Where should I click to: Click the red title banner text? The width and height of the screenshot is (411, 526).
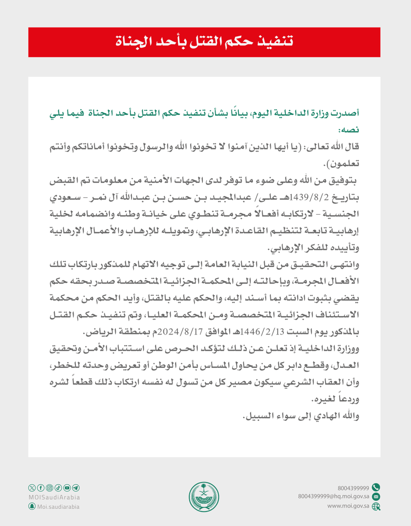coord(205,42)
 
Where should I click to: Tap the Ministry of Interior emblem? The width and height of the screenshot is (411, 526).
coord(205,496)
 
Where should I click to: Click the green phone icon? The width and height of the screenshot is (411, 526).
coord(376,487)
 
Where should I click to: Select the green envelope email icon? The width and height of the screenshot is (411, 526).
coord(376,497)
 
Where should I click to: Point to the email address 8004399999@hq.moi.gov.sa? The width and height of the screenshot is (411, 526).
coord(333,497)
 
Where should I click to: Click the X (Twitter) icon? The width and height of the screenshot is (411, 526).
coord(32,488)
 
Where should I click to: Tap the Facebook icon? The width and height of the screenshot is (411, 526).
coord(40,488)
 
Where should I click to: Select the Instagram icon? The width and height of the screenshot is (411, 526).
coord(49,488)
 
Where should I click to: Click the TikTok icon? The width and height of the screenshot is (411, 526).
coord(58,488)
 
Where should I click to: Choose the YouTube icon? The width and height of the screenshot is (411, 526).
coord(67,488)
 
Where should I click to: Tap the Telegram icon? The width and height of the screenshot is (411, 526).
coord(76,488)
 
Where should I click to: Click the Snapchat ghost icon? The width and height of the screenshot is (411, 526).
coord(32,506)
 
